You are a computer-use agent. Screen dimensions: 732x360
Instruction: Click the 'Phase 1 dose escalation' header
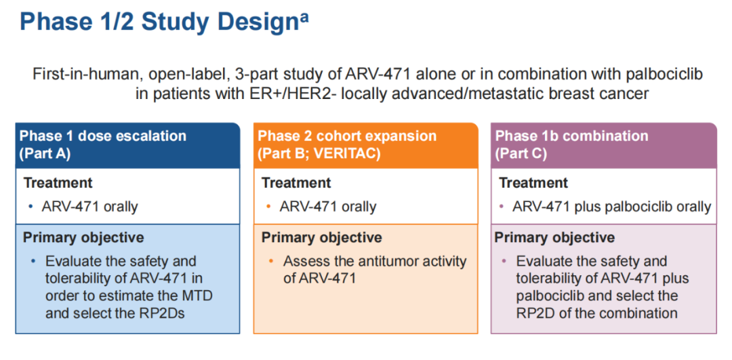102,136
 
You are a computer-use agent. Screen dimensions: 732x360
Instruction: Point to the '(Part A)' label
45,154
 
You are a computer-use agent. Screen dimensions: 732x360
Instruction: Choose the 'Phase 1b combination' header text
571,136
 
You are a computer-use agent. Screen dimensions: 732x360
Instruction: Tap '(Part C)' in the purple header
521,154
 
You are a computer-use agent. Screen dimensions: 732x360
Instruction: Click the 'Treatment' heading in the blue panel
58,182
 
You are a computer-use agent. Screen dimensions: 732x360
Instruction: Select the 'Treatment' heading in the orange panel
296,182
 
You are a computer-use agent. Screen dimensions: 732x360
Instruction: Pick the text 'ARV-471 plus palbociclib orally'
611,207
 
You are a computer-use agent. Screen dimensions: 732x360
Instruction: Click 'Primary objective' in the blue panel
83,237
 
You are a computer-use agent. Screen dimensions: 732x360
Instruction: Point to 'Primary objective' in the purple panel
554,237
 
